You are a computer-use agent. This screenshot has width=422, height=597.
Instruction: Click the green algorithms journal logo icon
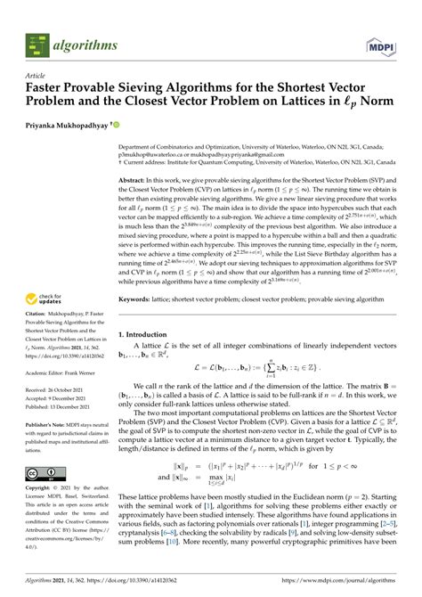[x=37, y=41]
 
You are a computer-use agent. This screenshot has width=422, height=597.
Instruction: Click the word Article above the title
[x=36, y=78]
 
